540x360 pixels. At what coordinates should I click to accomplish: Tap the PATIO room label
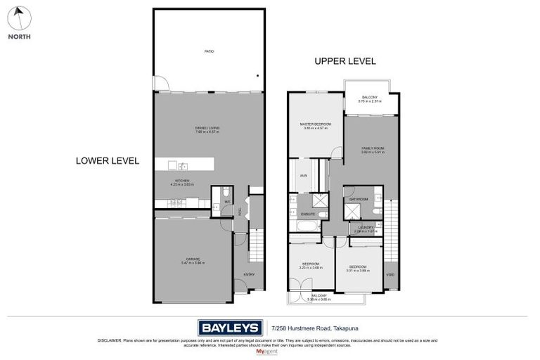209,51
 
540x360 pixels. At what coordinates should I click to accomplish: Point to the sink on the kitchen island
182,167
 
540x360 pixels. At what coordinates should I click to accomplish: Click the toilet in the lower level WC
225,192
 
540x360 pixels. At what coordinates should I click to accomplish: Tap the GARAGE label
193,260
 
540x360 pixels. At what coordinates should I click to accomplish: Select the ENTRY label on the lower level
249,274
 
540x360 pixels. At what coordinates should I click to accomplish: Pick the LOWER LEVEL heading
107,161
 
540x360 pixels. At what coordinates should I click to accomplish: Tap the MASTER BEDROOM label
316,124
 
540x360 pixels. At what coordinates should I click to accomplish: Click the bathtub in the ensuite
307,226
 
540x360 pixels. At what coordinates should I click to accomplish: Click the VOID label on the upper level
391,275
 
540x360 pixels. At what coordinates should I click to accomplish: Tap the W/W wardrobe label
303,176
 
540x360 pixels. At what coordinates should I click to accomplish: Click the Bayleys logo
229,327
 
